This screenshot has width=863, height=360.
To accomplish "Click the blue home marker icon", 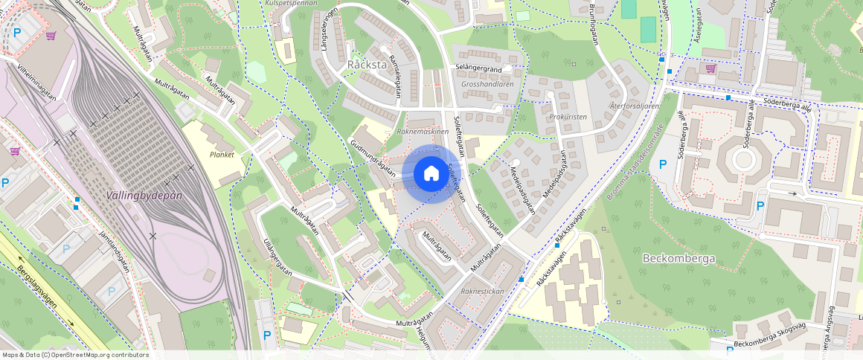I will point(431,174).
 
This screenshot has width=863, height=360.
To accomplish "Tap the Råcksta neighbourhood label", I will point(367,65).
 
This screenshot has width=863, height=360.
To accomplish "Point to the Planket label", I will point(222,155).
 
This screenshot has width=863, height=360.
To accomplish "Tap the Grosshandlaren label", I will point(487,84).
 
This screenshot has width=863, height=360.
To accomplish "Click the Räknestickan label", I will point(483,291).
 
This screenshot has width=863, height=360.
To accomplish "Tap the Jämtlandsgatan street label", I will point(114,251).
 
